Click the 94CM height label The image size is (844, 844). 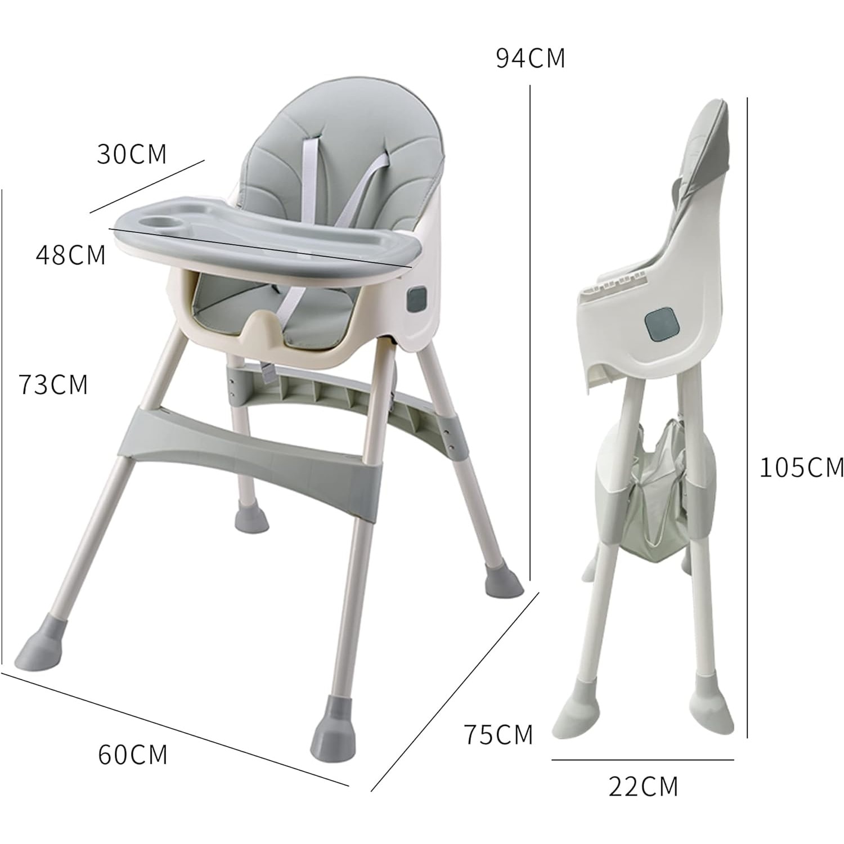530,59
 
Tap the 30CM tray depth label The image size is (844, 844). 132,154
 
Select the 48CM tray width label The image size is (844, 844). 71,255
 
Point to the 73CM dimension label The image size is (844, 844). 53,385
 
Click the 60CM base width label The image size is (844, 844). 133,755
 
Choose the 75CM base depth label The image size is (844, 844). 498,735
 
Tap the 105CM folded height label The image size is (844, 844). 801,468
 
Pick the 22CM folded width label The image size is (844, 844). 643,787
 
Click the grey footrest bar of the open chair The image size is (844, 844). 248,437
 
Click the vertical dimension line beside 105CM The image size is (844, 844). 747,416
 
